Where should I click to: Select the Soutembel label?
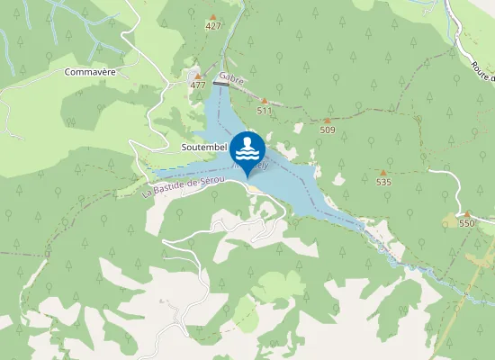202,146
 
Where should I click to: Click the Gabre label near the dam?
231,79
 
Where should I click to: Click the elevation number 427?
212,26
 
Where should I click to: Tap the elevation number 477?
198,85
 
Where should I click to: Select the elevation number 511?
264,111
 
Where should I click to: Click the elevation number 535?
383,182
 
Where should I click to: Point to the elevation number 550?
466,223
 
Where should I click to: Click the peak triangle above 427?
212,16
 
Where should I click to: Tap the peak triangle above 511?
264,101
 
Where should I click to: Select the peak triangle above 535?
383,172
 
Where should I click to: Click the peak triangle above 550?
466,213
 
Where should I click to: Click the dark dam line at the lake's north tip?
221,84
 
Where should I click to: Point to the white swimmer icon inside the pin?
247,147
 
